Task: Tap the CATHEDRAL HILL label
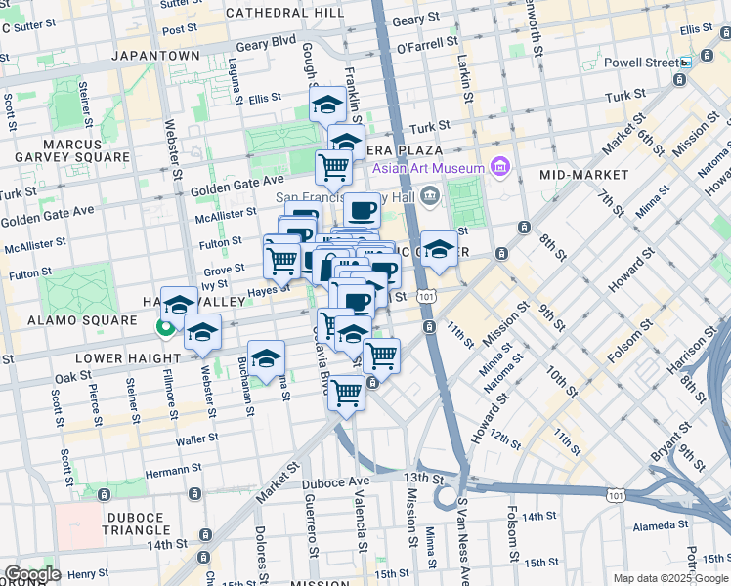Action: tap(284, 13)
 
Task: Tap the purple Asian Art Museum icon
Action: tap(501, 168)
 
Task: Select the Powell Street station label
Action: tap(637, 63)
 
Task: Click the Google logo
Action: tap(32, 574)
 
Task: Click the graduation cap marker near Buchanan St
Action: tap(266, 358)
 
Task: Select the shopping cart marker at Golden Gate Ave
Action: tap(333, 167)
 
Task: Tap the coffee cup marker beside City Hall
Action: tap(362, 210)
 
